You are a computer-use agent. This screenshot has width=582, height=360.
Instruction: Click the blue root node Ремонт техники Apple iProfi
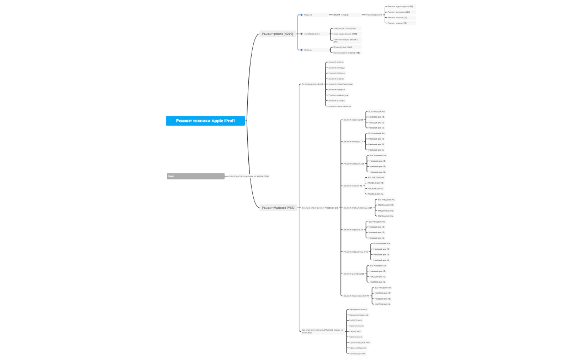click(x=205, y=121)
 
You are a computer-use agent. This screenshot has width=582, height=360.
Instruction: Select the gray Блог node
click(x=196, y=176)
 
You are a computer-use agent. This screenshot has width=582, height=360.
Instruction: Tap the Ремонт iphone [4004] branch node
click(x=277, y=34)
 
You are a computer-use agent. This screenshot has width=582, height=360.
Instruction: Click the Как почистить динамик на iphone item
click(x=249, y=176)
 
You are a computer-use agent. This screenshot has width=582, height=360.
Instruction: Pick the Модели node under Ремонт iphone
click(x=308, y=15)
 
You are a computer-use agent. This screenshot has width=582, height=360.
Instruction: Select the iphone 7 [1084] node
click(x=340, y=15)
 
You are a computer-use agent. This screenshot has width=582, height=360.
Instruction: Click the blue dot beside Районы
click(x=302, y=50)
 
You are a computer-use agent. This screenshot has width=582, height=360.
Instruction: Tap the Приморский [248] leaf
click(x=342, y=47)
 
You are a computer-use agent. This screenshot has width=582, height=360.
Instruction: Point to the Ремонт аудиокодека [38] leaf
click(x=400, y=7)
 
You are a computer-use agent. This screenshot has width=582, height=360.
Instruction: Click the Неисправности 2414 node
click(x=312, y=84)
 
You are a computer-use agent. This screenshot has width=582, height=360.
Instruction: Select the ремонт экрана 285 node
click(x=354, y=120)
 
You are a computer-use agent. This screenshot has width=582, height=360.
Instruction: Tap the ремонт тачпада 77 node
click(x=353, y=142)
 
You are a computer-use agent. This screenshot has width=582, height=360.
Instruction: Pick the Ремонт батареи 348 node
click(x=354, y=163)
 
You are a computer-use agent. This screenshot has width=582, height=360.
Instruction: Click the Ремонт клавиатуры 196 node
click(x=356, y=251)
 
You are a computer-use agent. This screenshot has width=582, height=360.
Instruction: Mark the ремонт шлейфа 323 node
click(x=354, y=274)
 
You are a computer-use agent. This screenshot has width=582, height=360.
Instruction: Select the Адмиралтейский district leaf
click(x=358, y=310)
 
